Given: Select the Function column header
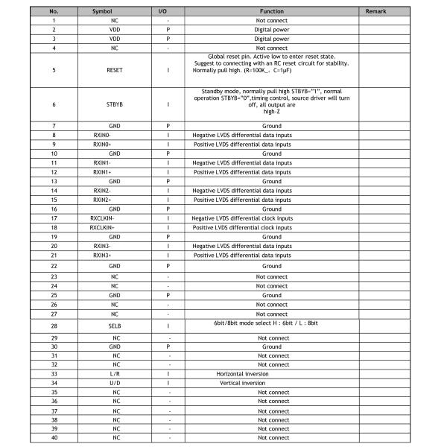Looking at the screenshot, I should point(271,12).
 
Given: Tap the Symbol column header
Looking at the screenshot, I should point(104,12).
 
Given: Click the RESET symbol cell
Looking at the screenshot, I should point(115,71).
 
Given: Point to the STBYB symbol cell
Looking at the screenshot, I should point(115,105).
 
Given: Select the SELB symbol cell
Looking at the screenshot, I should point(115,326).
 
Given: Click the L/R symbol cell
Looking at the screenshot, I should point(115,373).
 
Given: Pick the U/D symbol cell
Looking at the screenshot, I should point(115,382).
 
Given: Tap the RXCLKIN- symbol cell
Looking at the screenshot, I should point(104,218).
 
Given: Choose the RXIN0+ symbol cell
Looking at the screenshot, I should point(104,144).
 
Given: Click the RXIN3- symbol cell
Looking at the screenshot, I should point(104,245).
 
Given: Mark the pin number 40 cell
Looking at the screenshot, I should point(54,437).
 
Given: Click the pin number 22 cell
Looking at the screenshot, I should point(54,265).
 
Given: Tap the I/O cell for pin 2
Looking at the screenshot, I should point(168,29).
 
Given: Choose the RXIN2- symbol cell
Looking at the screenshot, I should point(104,190).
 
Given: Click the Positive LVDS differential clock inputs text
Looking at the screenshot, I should point(242,227).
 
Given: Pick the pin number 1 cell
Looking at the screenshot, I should point(54,20).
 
